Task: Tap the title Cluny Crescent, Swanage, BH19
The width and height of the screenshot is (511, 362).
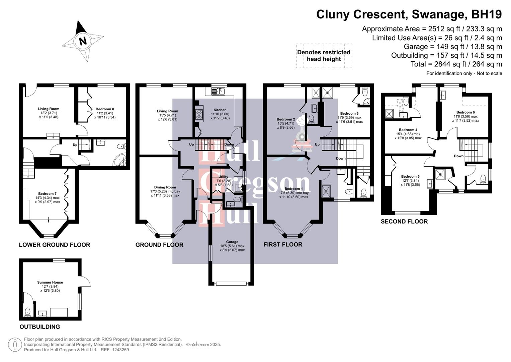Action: point(409,14)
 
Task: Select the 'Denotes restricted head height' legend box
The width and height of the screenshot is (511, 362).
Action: point(324,56)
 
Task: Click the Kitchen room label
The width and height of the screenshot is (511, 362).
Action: point(220,110)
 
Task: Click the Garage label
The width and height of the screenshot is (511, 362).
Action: point(232,242)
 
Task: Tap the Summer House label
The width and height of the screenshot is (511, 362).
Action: point(50,282)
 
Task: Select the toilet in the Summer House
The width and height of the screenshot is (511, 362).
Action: point(27,312)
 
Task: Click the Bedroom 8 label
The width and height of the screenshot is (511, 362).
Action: point(105,109)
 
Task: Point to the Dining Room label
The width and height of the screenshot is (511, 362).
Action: point(165,187)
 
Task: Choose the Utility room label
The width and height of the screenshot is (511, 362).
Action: point(223,177)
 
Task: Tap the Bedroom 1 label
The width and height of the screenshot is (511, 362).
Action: point(293,189)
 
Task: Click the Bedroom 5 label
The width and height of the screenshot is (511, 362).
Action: point(410,176)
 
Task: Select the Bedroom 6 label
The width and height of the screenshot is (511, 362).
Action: point(465,112)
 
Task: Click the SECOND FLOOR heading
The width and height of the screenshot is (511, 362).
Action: point(404,222)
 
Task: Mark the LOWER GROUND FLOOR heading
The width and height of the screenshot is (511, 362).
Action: point(55,245)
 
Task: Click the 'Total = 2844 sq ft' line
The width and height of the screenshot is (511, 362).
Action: point(456,64)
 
